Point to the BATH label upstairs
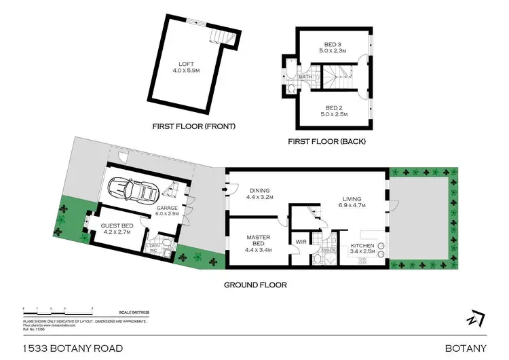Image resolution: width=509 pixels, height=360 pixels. pyautogui.click(x=305, y=77)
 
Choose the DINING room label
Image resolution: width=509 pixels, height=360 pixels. pyautogui.click(x=259, y=191)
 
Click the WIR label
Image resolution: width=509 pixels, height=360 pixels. pyautogui.click(x=301, y=241)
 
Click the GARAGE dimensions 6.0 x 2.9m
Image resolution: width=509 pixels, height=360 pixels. pyautogui.click(x=167, y=214)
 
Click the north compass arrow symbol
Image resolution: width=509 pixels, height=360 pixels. pyautogui.click(x=475, y=318)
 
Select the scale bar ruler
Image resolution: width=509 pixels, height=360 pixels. pyautogui.click(x=58, y=310)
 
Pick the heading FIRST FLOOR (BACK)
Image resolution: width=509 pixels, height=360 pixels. pyautogui.click(x=324, y=141)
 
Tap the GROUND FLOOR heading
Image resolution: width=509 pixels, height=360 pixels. pyautogui.click(x=255, y=285)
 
